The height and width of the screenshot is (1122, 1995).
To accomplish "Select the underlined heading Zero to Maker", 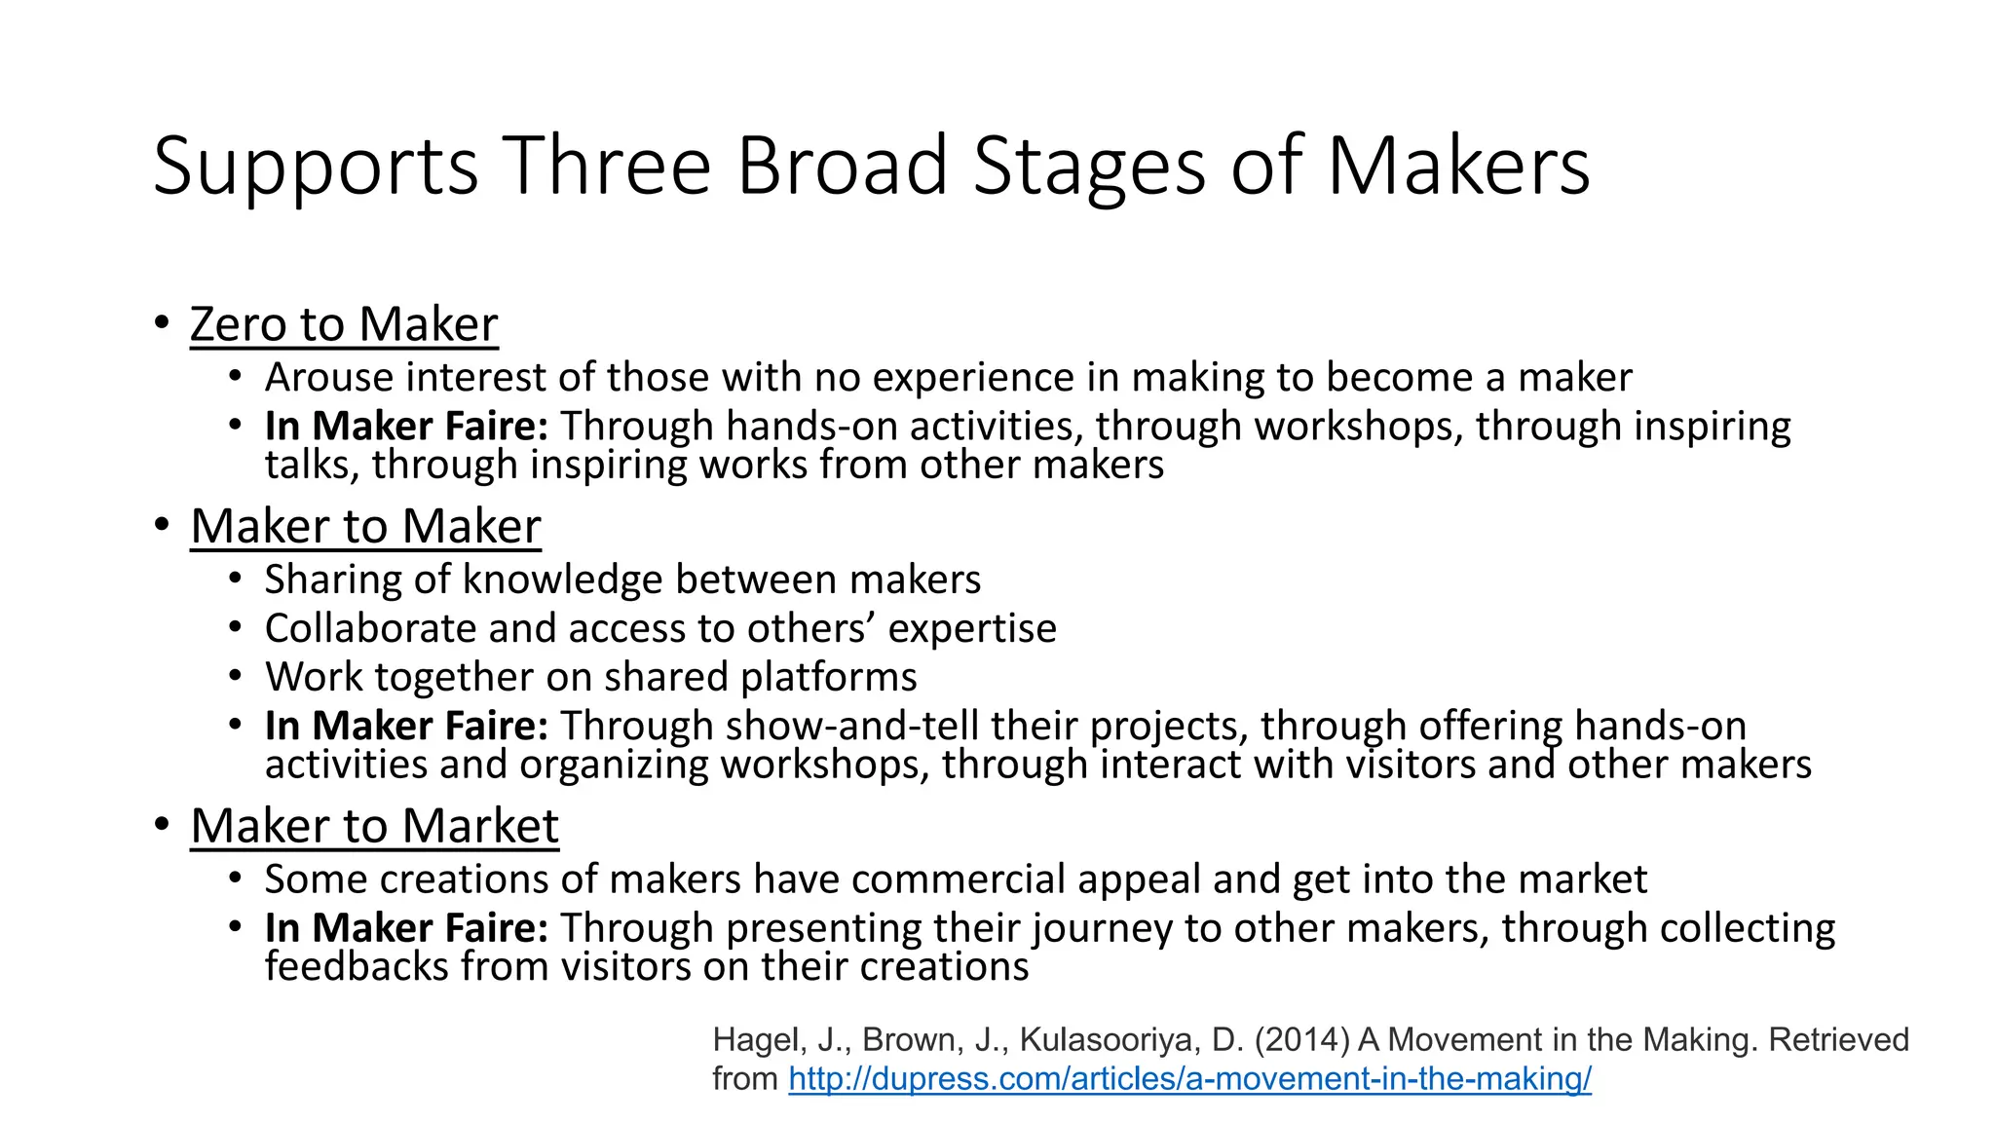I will click(x=344, y=324).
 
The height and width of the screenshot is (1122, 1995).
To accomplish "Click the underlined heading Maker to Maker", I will click(x=365, y=527).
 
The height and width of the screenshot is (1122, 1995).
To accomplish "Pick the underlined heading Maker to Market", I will click(x=374, y=827).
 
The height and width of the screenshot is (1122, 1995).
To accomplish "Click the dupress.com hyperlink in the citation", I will click(x=1189, y=1079).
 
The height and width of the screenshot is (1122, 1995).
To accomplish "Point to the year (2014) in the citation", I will click(x=1302, y=1040).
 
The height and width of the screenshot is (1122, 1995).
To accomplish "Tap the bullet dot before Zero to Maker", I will click(x=162, y=322).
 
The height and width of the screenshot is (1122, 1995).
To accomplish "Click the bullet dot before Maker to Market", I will click(x=162, y=825).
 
